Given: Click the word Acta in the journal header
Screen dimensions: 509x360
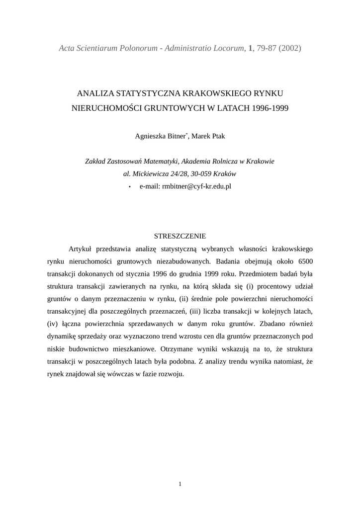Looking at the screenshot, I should (67, 48).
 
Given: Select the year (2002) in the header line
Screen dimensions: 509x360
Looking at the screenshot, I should (290, 48).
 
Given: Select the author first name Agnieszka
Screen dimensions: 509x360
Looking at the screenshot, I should (151, 136).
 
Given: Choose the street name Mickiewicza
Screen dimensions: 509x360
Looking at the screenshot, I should (151, 174).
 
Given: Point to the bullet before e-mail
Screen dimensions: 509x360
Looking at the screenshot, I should (130, 187).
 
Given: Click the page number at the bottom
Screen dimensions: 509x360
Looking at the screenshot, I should (180, 484).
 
